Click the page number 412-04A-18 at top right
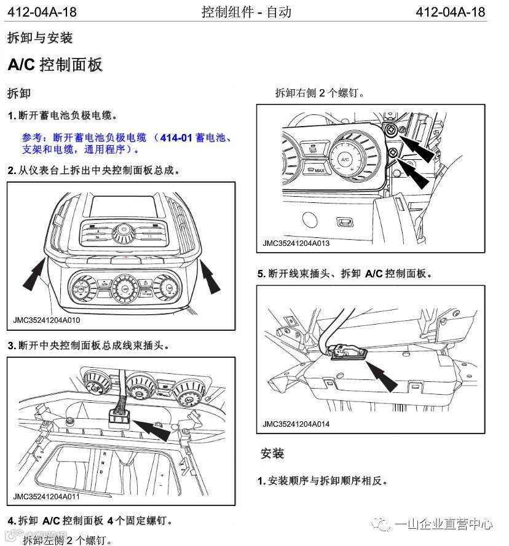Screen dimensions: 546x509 point(450,12)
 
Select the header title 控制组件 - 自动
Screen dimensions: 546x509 point(246,12)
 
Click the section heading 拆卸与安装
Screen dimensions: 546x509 point(39,38)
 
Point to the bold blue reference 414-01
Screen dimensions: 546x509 point(177,138)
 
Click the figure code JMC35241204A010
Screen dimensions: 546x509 point(47,320)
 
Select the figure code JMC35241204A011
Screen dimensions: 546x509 point(47,496)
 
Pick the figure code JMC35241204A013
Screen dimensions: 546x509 point(296,243)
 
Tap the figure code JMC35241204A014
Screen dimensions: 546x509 point(296,424)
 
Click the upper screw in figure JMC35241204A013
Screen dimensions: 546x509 point(392,130)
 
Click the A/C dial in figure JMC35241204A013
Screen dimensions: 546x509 point(345,159)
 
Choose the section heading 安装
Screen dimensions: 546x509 point(272,453)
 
